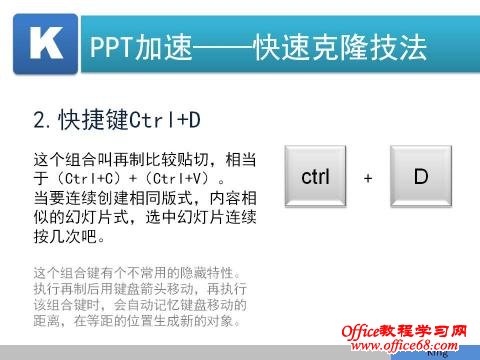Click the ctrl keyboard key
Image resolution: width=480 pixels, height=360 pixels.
(x=315, y=177)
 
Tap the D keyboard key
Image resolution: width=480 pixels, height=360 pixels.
(x=421, y=177)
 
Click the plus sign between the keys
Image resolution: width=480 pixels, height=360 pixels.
(x=368, y=178)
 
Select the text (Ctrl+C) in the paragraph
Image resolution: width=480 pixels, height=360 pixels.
(x=83, y=177)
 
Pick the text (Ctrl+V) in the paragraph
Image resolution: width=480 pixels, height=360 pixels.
(x=165, y=177)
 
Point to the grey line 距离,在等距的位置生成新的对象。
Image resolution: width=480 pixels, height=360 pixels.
(x=137, y=321)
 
